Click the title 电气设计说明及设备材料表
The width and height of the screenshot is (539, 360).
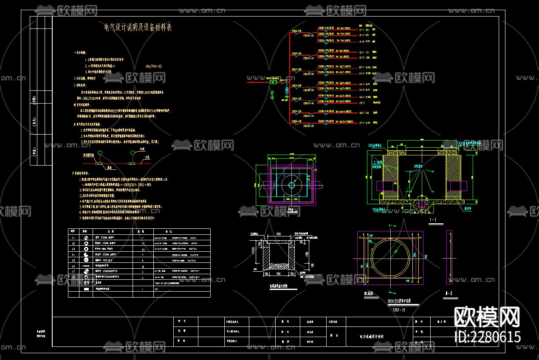click(x=138, y=28)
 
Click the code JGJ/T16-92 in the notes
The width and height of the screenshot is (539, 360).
click(x=153, y=67)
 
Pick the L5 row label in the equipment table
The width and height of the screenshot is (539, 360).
click(x=73, y=260)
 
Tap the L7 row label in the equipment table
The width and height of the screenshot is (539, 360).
click(x=73, y=271)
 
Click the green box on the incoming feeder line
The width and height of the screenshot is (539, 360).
click(x=274, y=83)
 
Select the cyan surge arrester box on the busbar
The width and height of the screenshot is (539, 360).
click(x=287, y=90)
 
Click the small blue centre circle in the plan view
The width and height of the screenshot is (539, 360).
click(x=291, y=185)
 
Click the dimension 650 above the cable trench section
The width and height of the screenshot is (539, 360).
click(x=278, y=233)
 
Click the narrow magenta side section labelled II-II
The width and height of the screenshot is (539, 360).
click(x=449, y=257)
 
